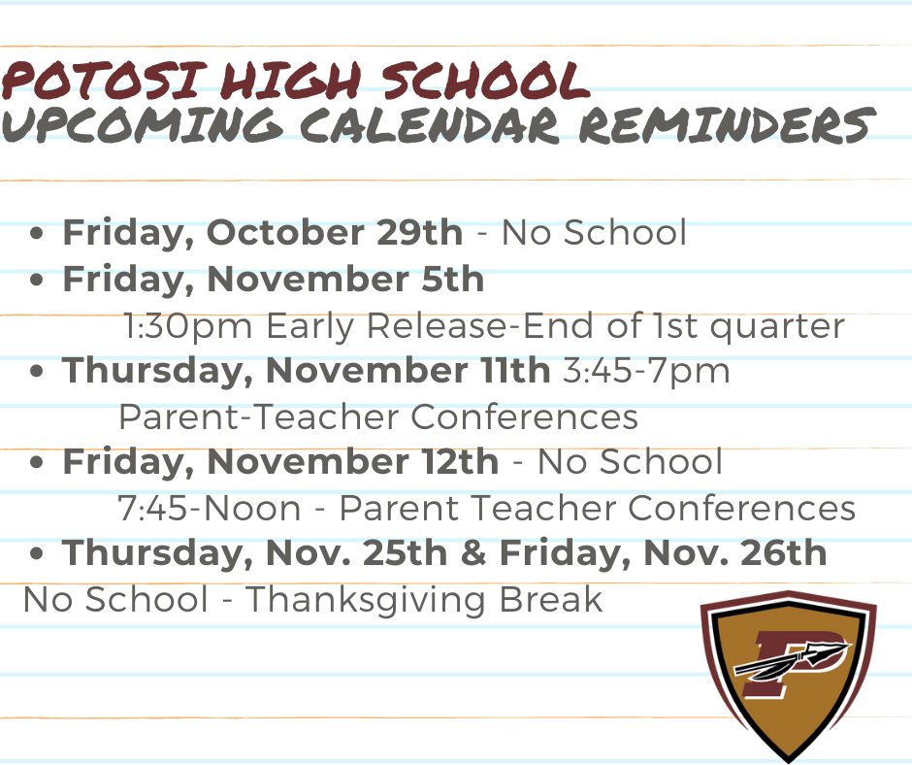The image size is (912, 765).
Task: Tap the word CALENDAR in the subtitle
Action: (430, 124)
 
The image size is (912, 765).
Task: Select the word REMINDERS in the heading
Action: (727, 124)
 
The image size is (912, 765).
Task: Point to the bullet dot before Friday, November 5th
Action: (36, 280)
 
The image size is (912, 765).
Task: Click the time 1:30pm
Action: (188, 326)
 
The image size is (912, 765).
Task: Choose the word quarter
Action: (777, 326)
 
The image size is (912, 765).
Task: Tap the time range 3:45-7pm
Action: (645, 371)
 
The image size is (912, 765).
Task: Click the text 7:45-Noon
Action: (210, 508)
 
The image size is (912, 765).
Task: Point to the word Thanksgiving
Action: (365, 600)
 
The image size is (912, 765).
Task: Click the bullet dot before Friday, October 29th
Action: (36, 233)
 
